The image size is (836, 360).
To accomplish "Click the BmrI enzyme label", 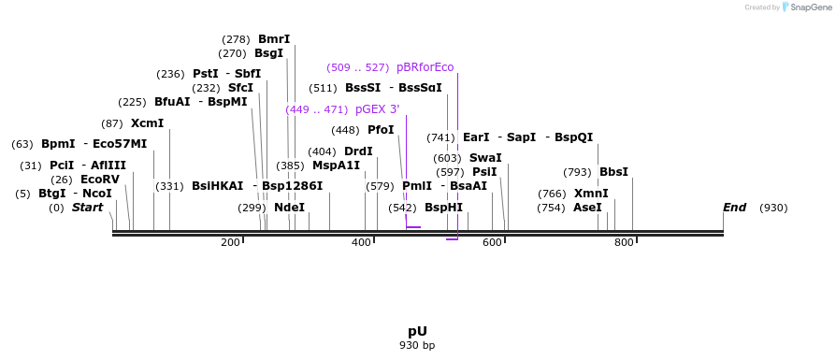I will point(274,39).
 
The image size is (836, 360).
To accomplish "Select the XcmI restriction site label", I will point(147,123).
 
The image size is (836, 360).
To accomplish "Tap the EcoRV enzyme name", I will point(100,180).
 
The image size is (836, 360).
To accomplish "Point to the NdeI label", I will point(289,208).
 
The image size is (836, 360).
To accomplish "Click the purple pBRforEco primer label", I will point(425,67).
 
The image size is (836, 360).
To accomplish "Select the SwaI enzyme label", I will point(485,158).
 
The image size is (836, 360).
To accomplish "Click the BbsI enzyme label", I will point(613,172).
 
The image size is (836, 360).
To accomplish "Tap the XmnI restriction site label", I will point(591,194).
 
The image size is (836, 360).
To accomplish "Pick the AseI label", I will point(587,208).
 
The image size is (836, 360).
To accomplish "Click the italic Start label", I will point(87,208).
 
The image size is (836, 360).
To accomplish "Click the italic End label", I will point(734,208).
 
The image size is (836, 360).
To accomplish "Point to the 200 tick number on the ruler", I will point(230,243).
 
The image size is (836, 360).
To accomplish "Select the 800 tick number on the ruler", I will point(624,243).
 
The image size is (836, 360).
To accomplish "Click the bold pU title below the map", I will point(417,331).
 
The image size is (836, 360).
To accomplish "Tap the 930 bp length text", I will point(417,345).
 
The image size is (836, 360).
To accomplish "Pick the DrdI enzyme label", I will point(358,151).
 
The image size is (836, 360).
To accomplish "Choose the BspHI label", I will point(443,208).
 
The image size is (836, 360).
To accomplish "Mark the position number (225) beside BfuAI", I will point(132,102).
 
